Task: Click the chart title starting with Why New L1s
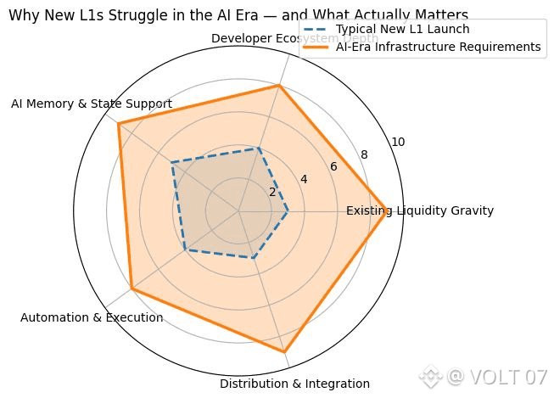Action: (x=238, y=14)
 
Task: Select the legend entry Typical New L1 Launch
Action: (x=402, y=29)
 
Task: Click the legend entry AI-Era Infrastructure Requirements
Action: (x=438, y=47)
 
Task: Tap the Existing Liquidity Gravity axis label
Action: (x=420, y=210)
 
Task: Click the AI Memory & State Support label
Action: (x=92, y=104)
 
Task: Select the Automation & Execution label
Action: (x=92, y=317)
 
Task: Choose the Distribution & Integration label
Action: (x=283, y=384)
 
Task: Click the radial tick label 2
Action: (x=272, y=192)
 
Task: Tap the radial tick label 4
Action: (x=303, y=179)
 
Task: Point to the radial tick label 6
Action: (x=333, y=166)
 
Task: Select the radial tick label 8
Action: (x=364, y=154)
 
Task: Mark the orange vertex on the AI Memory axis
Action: (x=118, y=124)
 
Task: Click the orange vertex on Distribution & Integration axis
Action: (x=284, y=351)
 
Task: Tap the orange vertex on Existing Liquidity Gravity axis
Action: (x=389, y=210)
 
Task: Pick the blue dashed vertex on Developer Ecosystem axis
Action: (x=259, y=148)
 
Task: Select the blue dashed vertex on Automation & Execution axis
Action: (x=185, y=250)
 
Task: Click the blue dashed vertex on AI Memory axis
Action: (x=172, y=163)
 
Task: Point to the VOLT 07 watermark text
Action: (x=496, y=377)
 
